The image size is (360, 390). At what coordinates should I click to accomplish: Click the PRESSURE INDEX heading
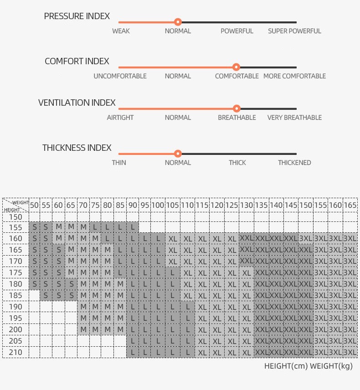click(77, 16)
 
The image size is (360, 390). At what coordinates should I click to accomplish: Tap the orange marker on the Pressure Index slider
click(178, 22)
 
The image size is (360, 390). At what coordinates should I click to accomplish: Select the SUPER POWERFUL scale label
click(294, 31)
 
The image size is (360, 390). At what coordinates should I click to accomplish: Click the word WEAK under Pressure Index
click(121, 31)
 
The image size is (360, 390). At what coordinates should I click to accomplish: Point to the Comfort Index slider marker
click(236, 67)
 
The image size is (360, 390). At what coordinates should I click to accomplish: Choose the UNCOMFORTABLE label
click(120, 76)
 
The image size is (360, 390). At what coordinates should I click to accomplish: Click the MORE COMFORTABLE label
click(294, 76)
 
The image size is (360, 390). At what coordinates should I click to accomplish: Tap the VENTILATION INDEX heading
click(77, 103)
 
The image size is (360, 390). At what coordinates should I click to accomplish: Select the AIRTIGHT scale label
click(120, 118)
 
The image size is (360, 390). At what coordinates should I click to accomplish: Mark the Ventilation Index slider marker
click(237, 108)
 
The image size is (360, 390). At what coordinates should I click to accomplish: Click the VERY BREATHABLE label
click(294, 118)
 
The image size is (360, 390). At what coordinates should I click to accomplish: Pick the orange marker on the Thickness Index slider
click(178, 154)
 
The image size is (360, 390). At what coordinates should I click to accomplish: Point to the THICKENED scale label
click(294, 163)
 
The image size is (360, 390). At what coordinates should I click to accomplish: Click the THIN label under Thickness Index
click(119, 163)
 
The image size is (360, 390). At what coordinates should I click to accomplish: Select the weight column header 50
click(34, 205)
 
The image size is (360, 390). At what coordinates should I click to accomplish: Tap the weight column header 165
click(350, 205)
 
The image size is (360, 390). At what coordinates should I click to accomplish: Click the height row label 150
click(15, 217)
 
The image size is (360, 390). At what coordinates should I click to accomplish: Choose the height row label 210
click(15, 352)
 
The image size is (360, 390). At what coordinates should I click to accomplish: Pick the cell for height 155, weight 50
click(34, 227)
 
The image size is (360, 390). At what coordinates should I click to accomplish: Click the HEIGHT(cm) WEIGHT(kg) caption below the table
click(309, 366)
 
